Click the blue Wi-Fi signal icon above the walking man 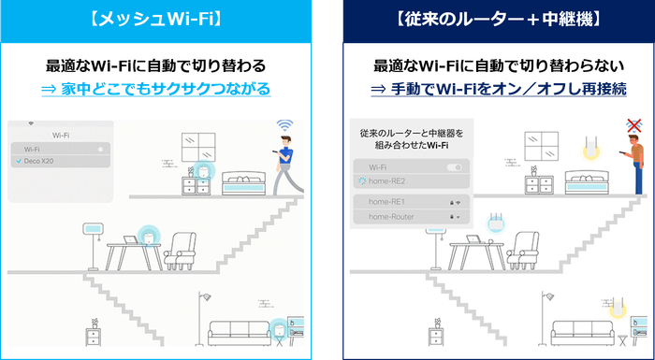coord(284,126)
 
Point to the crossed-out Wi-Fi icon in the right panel coord(634,126)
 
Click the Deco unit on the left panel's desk coord(146,238)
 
